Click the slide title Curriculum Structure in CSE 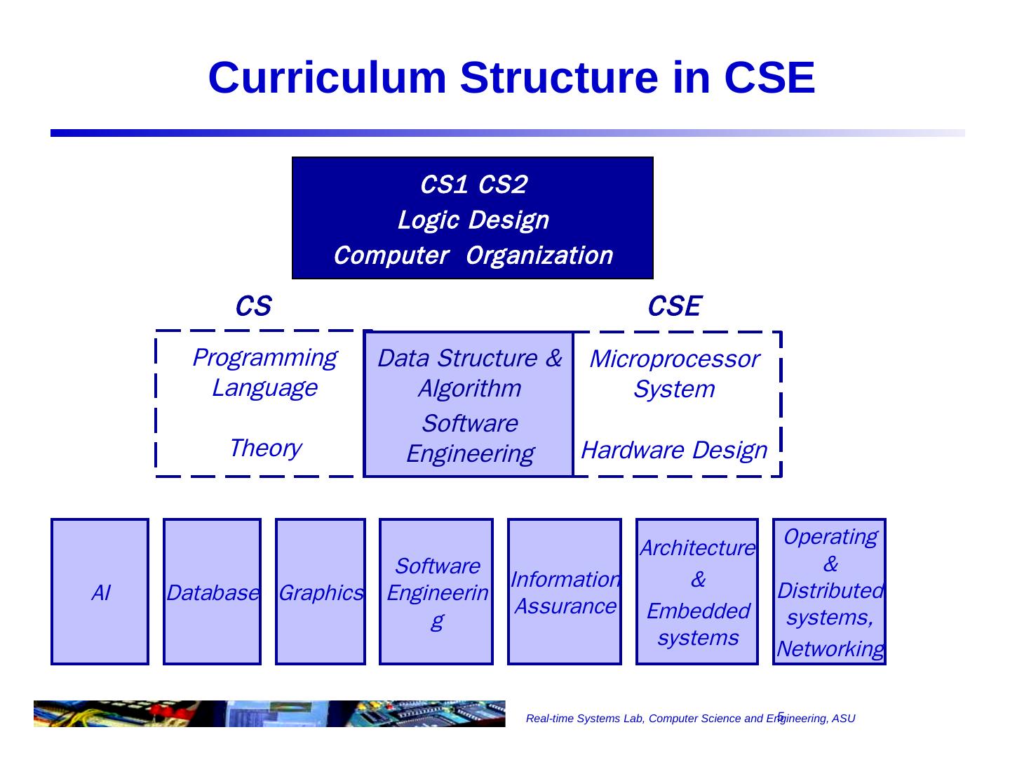pyautogui.click(x=511, y=77)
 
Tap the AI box pyautogui.click(x=100, y=592)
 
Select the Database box pyautogui.click(x=212, y=592)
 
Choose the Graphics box pyautogui.click(x=321, y=592)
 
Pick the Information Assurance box pyautogui.click(x=565, y=592)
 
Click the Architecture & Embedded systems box pyautogui.click(x=697, y=592)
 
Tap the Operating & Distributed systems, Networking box pyautogui.click(x=829, y=592)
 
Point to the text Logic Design pyautogui.click(x=473, y=220)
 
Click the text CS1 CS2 pyautogui.click(x=473, y=185)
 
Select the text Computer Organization pyautogui.click(x=473, y=255)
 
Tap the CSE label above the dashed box pyautogui.click(x=674, y=307)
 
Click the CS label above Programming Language pyautogui.click(x=252, y=307)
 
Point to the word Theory pyautogui.click(x=265, y=448)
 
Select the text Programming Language pyautogui.click(x=264, y=373)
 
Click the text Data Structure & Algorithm pyautogui.click(x=469, y=373)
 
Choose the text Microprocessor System pyautogui.click(x=674, y=374)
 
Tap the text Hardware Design pyautogui.click(x=674, y=450)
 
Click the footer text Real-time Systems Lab pyautogui.click(x=690, y=719)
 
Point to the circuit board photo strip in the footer pyautogui.click(x=269, y=714)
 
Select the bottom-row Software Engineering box pyautogui.click(x=436, y=592)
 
